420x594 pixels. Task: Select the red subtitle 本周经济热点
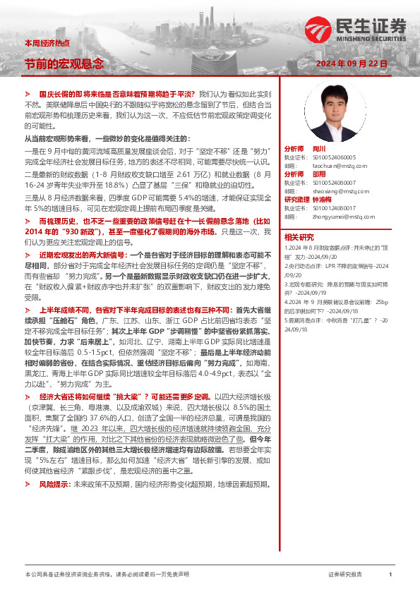43,44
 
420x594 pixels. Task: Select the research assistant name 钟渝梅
324,200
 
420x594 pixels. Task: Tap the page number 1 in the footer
390,575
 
